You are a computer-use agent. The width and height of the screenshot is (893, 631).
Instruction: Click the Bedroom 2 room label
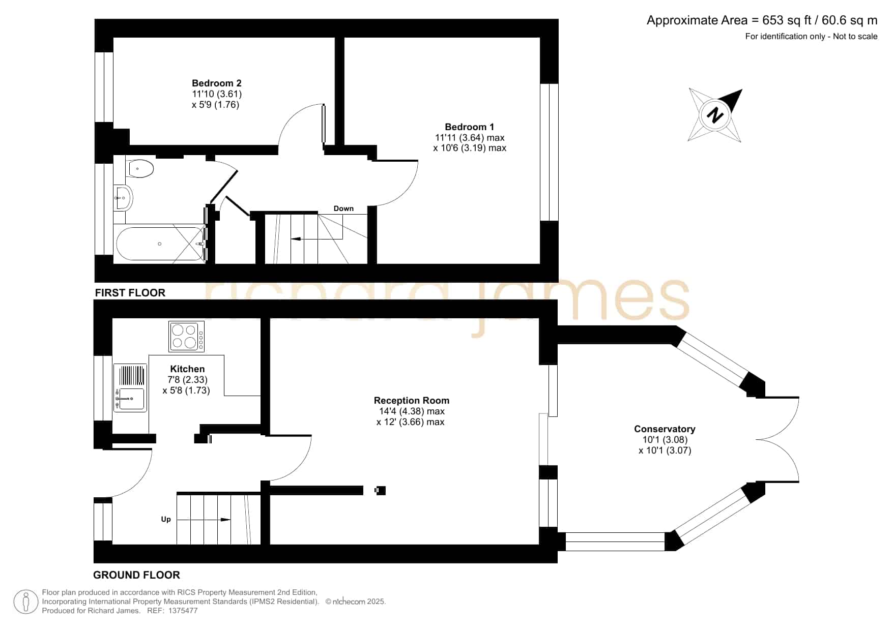(x=216, y=83)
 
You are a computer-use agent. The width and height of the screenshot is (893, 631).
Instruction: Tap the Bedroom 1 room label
(x=469, y=127)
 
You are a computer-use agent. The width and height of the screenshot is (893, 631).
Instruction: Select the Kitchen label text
(x=187, y=369)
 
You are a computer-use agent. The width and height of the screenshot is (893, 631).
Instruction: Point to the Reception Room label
(x=411, y=401)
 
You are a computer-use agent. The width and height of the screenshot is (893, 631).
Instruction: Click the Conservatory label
(x=665, y=429)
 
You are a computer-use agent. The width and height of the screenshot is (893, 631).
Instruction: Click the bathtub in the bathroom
(x=161, y=244)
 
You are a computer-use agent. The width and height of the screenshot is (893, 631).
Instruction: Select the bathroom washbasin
(x=122, y=198)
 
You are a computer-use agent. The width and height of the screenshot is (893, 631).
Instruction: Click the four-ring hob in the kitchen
(x=187, y=336)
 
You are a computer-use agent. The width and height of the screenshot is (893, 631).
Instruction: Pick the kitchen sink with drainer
(x=130, y=387)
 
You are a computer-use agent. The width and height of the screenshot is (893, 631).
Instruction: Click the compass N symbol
(x=715, y=115)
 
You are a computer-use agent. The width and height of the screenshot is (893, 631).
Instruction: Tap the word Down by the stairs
(x=343, y=208)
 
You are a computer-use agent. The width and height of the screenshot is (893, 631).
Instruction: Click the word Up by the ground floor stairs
(x=166, y=519)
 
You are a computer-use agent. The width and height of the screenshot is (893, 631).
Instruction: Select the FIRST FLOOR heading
(x=130, y=293)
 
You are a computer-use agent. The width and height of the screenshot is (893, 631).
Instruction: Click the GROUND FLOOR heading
(x=136, y=575)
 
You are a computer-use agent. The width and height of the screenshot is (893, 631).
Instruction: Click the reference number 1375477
(x=183, y=611)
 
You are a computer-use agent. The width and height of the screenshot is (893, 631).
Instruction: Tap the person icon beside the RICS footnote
(x=25, y=602)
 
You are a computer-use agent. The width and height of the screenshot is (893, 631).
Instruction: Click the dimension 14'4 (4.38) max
(x=412, y=411)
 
